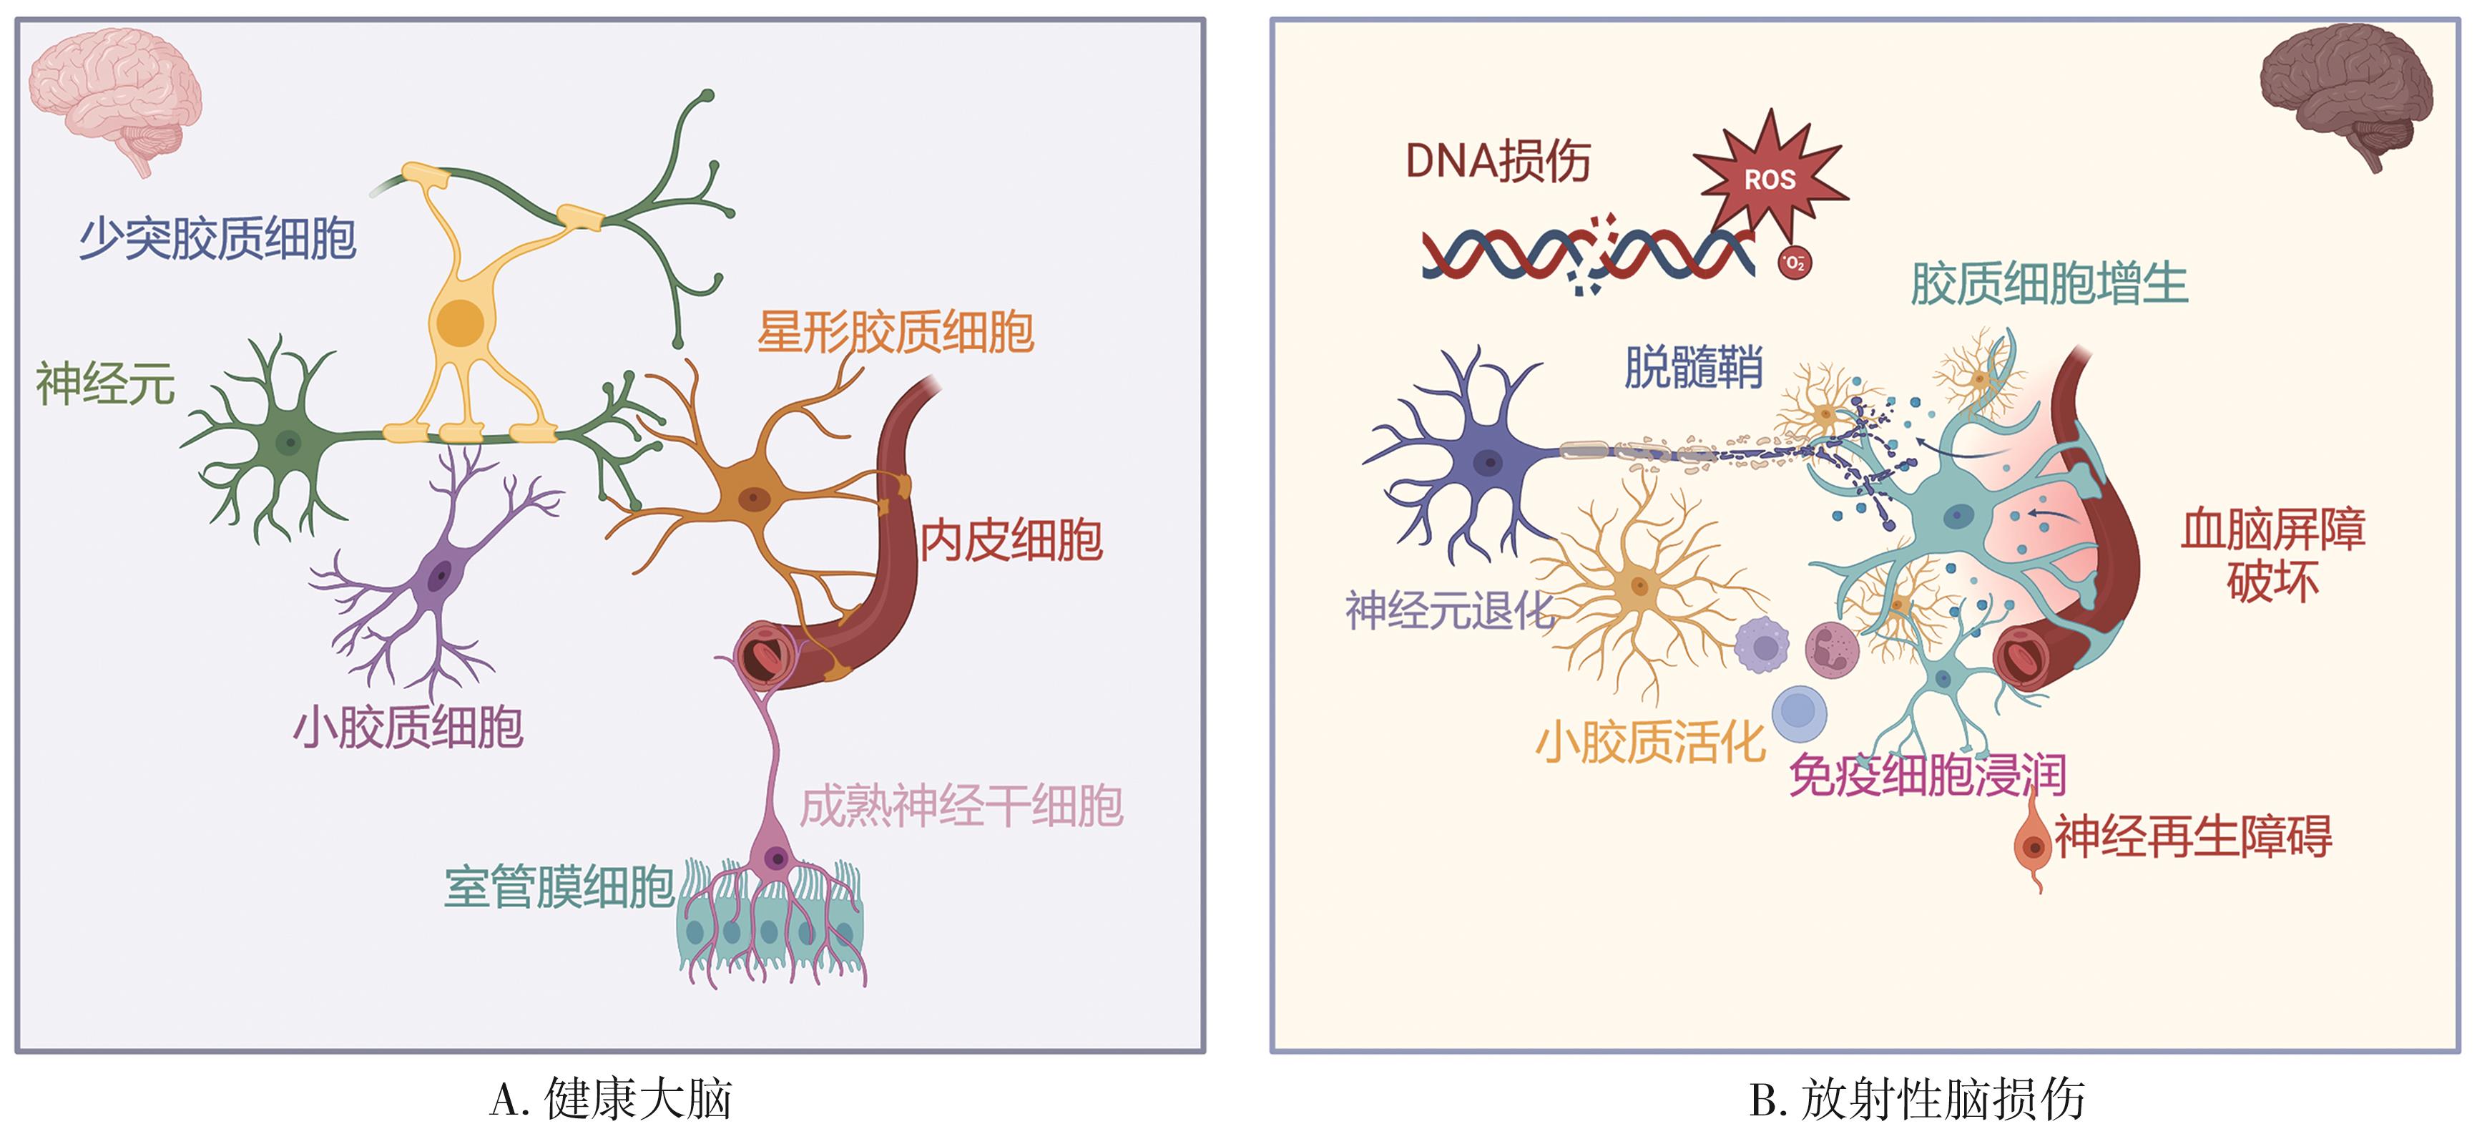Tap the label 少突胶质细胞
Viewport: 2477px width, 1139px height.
pos(217,238)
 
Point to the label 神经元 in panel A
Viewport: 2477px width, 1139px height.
pos(105,383)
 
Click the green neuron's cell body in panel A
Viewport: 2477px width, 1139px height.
pos(288,443)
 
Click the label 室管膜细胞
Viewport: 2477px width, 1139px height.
pos(559,887)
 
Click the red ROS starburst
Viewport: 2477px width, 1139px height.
pos(1770,178)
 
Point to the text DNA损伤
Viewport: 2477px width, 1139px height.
pos(1497,161)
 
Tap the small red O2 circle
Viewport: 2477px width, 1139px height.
pos(1793,263)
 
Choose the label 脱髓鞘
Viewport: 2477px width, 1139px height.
pos(1693,366)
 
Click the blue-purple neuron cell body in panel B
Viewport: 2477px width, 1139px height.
pos(1488,461)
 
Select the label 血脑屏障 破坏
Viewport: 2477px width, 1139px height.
pos(2272,555)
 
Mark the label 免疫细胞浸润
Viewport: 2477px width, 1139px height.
pos(1927,776)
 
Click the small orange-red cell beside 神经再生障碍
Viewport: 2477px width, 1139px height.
pos(2033,845)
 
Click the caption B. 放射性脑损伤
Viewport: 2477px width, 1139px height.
pos(1916,1100)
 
